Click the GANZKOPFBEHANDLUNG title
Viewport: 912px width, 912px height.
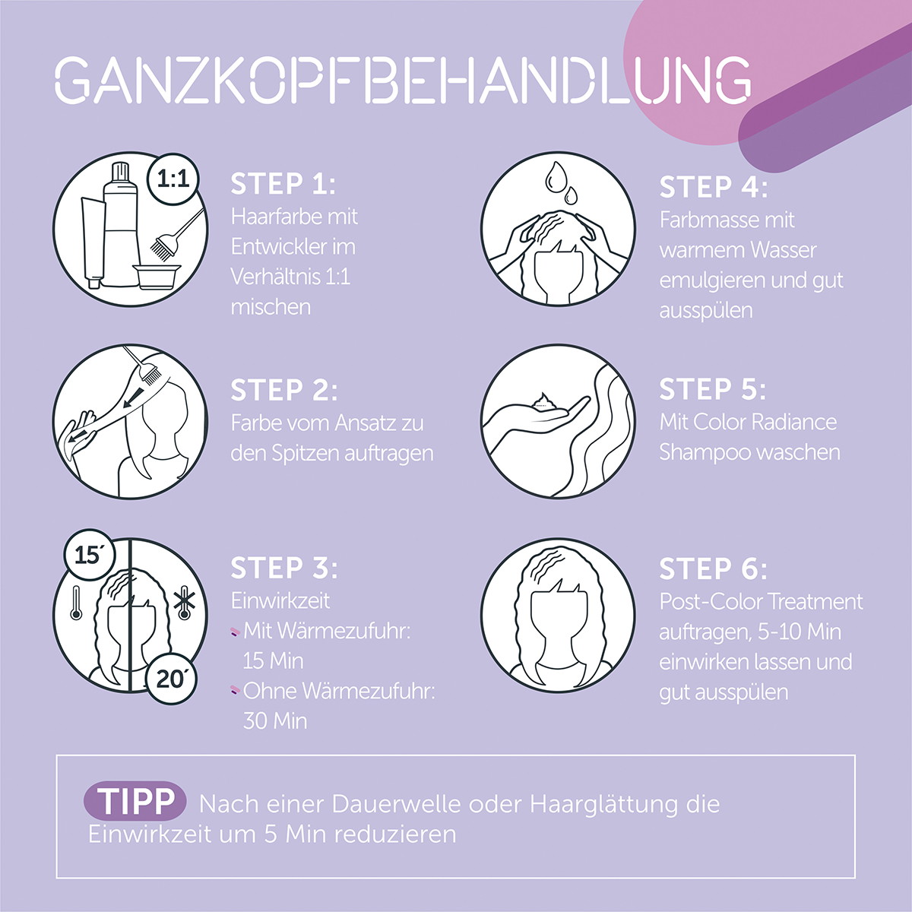(403, 81)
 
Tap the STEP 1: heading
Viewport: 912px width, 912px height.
(283, 184)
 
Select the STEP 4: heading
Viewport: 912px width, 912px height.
(713, 187)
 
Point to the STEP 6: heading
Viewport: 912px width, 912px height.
(713, 568)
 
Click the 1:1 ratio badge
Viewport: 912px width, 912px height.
(173, 179)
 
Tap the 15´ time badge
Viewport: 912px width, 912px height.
(88, 554)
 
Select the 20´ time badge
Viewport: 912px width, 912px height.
(169, 679)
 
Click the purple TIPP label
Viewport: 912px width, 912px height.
(135, 801)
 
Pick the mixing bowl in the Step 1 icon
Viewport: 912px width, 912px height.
(157, 276)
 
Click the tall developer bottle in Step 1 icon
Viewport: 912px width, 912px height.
(120, 224)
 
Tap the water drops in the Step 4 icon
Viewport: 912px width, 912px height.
(562, 182)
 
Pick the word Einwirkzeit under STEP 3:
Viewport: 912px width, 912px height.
(280, 601)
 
